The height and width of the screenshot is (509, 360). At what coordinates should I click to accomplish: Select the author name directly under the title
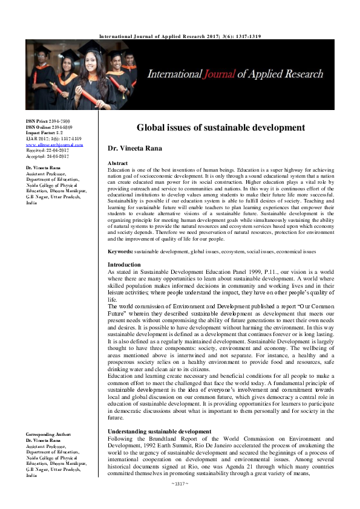click(x=134, y=148)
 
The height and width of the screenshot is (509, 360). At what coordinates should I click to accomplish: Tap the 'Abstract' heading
click(x=117, y=164)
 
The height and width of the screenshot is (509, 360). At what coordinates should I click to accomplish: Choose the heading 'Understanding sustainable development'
click(x=159, y=431)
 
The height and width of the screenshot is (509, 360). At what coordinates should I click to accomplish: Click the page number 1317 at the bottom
click(x=180, y=501)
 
